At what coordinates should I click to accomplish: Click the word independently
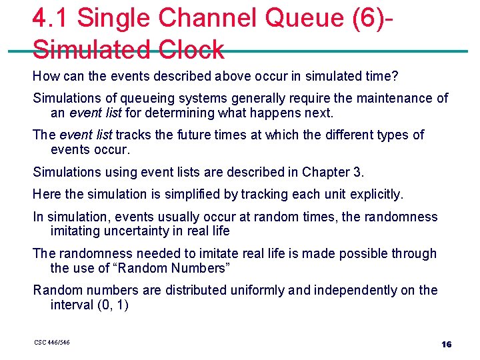[x=329, y=290]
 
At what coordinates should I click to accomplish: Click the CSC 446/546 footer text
[x=52, y=343]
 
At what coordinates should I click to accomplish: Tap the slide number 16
[x=446, y=344]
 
